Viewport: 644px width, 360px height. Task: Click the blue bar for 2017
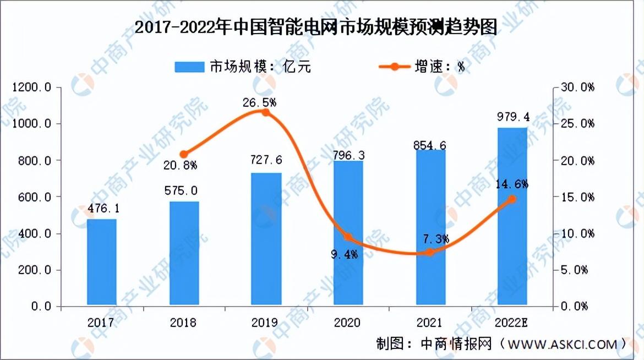point(101,263)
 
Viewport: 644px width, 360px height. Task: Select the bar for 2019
point(266,239)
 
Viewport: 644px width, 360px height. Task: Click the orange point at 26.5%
point(265,112)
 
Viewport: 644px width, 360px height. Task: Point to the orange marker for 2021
point(430,252)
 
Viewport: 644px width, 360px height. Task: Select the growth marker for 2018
point(184,154)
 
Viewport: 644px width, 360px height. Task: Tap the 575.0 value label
point(183,191)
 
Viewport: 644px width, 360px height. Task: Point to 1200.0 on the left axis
point(33,88)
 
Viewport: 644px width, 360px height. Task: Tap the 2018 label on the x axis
point(183,322)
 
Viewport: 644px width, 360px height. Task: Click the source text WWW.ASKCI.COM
point(562,345)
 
